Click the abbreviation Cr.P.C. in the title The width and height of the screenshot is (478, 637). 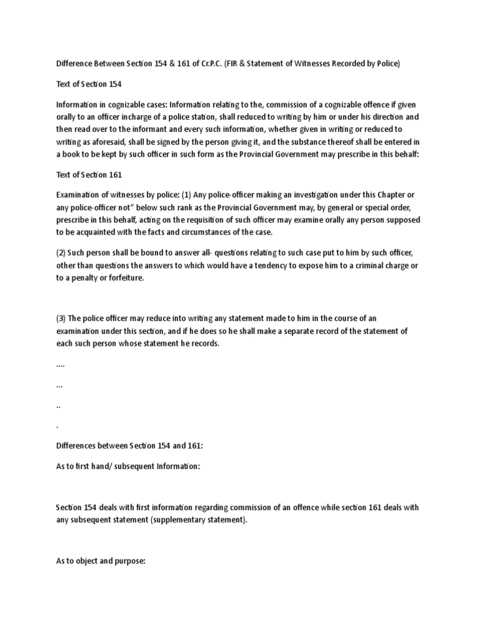coord(205,63)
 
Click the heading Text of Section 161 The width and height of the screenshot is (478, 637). coord(84,176)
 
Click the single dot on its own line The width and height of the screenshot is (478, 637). coord(57,427)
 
